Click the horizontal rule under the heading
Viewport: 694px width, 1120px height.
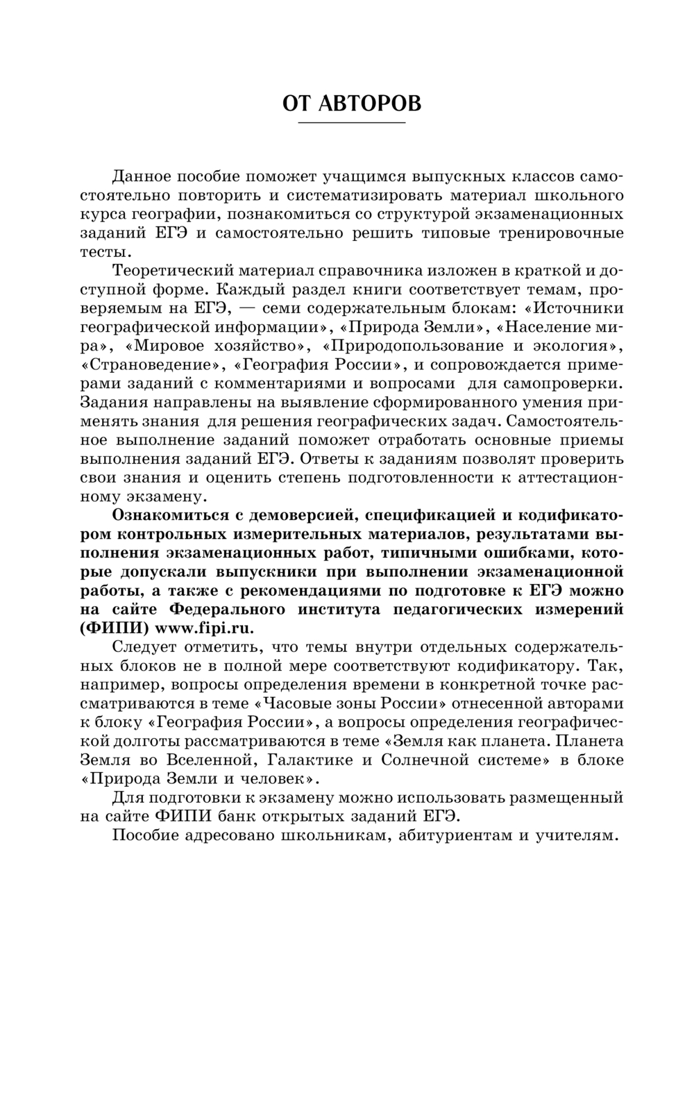point(351,124)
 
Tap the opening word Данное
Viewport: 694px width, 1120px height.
point(142,176)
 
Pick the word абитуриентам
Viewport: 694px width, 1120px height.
point(452,835)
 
